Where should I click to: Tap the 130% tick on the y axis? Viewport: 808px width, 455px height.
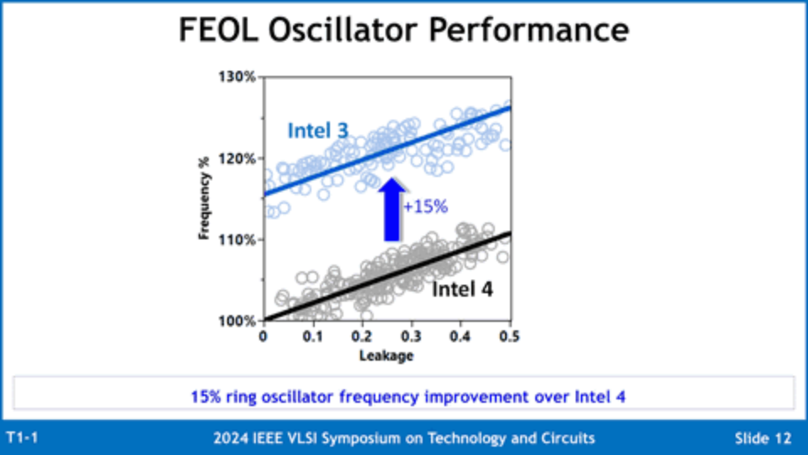pyautogui.click(x=238, y=77)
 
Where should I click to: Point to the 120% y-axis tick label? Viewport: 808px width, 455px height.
pyautogui.click(x=238, y=158)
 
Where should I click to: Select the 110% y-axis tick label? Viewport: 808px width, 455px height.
pyautogui.click(x=238, y=239)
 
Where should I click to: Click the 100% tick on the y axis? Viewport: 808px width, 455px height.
pyautogui.click(x=238, y=321)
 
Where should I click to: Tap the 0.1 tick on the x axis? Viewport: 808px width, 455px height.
pyautogui.click(x=313, y=337)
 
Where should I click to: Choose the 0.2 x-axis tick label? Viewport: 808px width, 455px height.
pyautogui.click(x=362, y=337)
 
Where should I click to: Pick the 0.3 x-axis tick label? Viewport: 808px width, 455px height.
pyautogui.click(x=412, y=337)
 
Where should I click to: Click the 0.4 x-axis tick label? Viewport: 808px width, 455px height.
pyautogui.click(x=460, y=337)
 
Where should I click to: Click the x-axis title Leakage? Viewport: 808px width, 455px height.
pyautogui.click(x=386, y=356)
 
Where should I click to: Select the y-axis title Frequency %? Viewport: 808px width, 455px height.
pyautogui.click(x=205, y=199)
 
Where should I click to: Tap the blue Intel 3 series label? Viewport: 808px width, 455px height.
pyautogui.click(x=317, y=131)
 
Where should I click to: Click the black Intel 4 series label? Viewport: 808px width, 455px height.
pyautogui.click(x=462, y=289)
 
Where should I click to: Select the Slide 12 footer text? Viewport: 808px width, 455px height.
pyautogui.click(x=763, y=438)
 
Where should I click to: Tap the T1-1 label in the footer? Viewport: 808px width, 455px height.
pyautogui.click(x=23, y=438)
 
